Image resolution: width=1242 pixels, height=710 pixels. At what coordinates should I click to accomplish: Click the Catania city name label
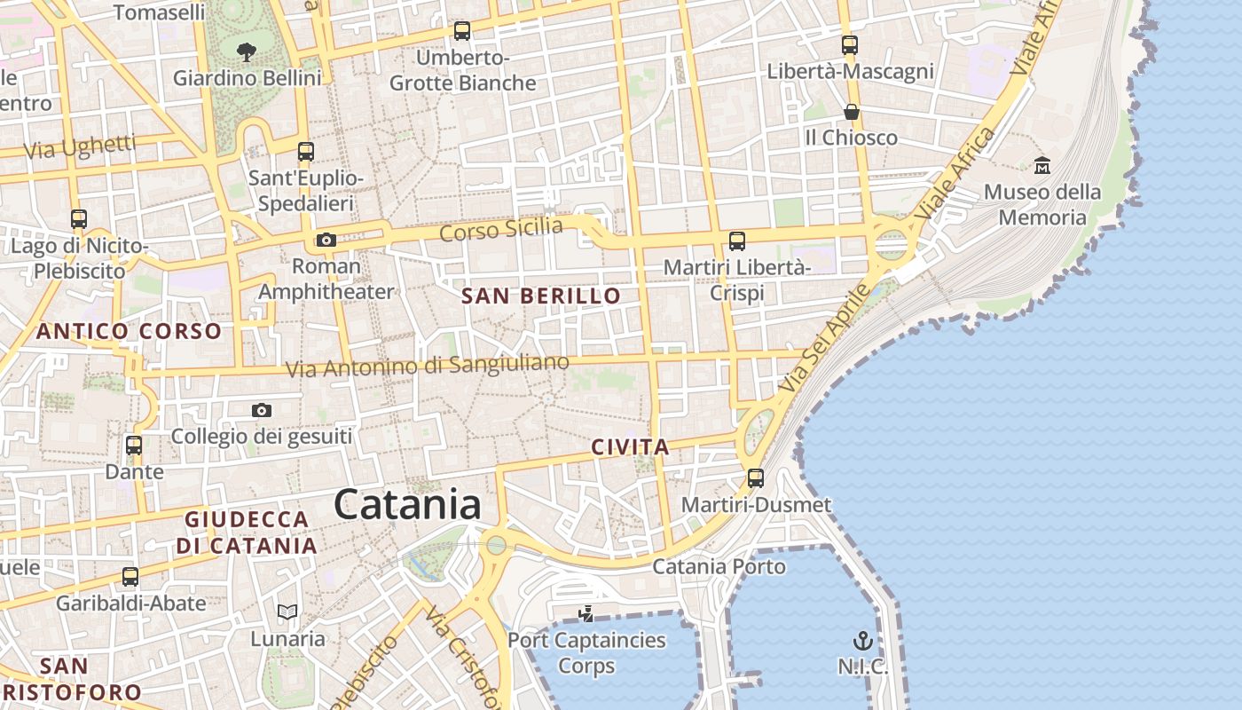(408, 505)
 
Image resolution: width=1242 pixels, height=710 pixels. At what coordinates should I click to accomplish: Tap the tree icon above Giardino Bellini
(247, 51)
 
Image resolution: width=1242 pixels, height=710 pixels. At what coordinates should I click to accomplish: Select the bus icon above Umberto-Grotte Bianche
(461, 31)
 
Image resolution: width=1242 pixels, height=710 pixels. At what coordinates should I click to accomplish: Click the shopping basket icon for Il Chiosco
(851, 112)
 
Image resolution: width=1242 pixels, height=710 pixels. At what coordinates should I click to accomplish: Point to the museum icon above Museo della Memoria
(1042, 165)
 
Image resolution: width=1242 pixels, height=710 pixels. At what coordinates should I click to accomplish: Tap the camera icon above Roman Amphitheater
(326, 240)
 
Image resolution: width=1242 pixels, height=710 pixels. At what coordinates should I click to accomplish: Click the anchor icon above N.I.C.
(862, 641)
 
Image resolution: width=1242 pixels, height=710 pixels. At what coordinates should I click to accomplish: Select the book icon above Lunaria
(287, 611)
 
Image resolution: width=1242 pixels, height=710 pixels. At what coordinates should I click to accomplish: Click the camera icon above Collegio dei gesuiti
(261, 410)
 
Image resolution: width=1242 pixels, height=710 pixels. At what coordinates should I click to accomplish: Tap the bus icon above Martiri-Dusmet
(756, 478)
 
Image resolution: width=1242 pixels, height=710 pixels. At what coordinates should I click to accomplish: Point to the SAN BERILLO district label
(541, 296)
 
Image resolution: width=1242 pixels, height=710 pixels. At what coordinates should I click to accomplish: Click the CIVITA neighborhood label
(630, 448)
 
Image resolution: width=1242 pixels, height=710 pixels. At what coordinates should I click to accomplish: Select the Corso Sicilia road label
(501, 229)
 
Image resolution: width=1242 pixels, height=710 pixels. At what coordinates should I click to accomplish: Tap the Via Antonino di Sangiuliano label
(427, 366)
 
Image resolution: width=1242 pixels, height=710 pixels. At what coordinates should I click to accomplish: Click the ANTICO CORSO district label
(129, 332)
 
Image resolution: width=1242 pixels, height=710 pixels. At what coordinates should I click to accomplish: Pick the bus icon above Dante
(134, 445)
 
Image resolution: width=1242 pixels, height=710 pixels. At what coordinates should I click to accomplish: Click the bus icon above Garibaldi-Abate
(130, 577)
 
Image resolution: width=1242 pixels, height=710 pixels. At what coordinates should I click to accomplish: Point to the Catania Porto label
(719, 566)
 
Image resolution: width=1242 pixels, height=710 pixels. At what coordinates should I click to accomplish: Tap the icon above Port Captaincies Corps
(586, 612)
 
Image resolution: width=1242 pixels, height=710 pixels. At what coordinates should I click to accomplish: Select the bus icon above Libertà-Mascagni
(850, 44)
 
